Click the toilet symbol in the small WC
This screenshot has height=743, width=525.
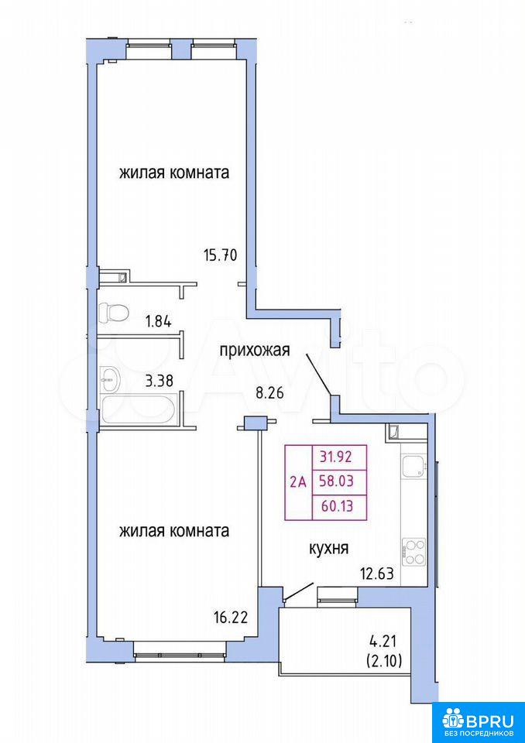(x=114, y=312)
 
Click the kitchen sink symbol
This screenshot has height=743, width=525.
(x=413, y=467)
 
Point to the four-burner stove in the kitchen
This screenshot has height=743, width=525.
(x=413, y=552)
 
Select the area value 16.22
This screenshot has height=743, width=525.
(x=231, y=618)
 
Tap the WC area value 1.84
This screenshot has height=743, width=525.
(x=159, y=321)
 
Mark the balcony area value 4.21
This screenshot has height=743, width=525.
(x=386, y=642)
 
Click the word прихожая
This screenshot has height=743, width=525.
(x=254, y=351)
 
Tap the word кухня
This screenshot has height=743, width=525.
(x=329, y=549)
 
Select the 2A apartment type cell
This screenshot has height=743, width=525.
(x=298, y=482)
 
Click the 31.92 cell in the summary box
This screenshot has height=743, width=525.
(x=339, y=457)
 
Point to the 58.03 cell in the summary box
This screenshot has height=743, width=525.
(x=339, y=483)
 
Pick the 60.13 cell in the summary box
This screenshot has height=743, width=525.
(x=339, y=508)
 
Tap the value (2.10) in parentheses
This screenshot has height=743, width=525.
(x=384, y=660)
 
